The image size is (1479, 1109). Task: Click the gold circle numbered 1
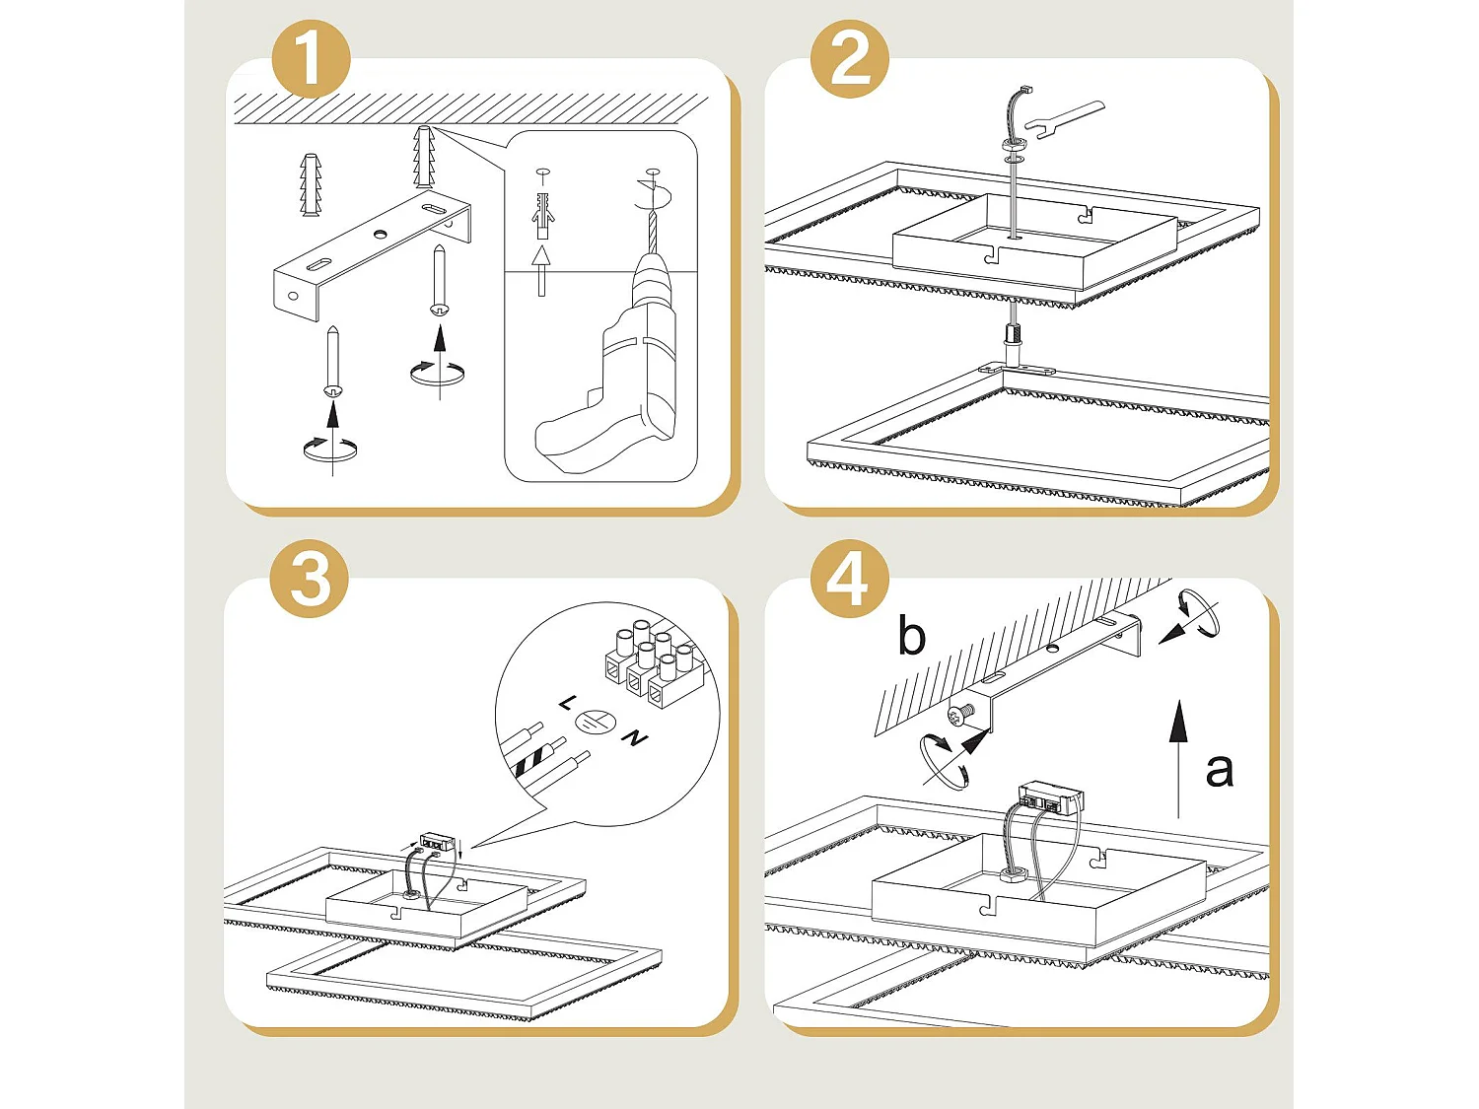tap(312, 58)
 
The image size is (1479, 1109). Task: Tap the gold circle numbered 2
tap(850, 58)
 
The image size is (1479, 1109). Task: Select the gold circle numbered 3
tap(310, 579)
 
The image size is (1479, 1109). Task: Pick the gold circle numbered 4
tap(850, 579)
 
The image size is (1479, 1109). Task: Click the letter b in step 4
tap(912, 635)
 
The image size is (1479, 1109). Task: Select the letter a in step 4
tap(1219, 770)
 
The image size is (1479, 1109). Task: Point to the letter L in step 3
tap(567, 704)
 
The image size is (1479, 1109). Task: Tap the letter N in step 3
tap(634, 738)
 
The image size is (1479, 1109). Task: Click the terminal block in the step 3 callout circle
tap(655, 663)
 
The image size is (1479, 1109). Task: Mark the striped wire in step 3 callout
tap(540, 757)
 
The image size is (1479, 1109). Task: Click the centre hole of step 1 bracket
tap(381, 234)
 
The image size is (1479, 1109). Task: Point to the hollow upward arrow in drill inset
tap(540, 271)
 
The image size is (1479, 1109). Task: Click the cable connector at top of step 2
tap(1025, 90)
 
